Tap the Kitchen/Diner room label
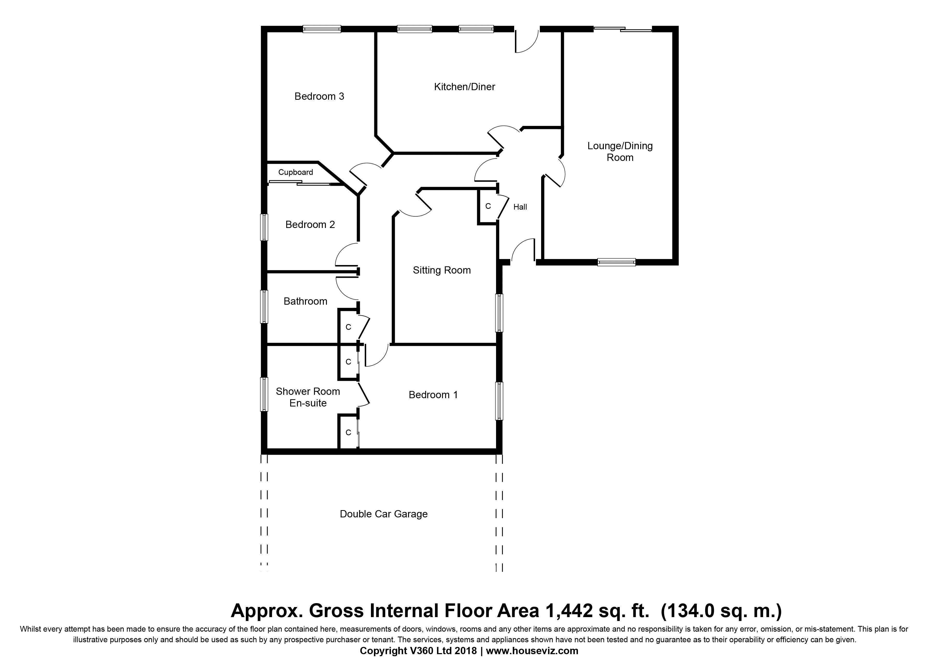coord(465,87)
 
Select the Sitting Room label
coord(442,270)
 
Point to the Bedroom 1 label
coord(433,395)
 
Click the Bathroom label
coord(305,302)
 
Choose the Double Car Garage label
coord(384,514)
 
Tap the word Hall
coord(520,207)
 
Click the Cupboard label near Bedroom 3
coord(296,172)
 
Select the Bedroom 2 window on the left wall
coord(265,227)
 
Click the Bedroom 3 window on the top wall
coord(322,29)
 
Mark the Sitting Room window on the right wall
coord(499,313)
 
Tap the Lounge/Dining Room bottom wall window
coord(617,262)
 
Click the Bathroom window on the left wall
coord(265,307)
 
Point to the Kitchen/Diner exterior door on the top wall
coord(527,40)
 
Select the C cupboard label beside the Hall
coord(488,206)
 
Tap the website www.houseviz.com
coord(532,651)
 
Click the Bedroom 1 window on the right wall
coord(499,401)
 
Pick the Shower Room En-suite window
coord(265,394)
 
